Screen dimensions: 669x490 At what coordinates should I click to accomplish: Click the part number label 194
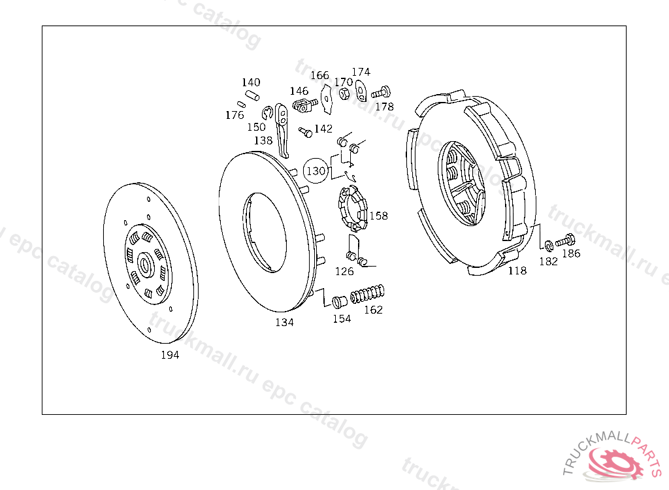coord(170,355)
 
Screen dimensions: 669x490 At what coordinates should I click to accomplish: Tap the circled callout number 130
coord(316,171)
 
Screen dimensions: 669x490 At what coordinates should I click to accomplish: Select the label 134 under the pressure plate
coord(284,322)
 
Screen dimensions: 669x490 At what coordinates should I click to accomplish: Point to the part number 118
coord(517,270)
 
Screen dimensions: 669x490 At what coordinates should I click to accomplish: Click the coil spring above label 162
coord(367,293)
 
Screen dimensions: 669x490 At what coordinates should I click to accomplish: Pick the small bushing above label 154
coord(340,301)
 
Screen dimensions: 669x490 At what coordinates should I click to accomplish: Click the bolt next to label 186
coord(565,240)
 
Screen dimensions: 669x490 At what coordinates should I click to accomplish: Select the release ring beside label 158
coord(353,208)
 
